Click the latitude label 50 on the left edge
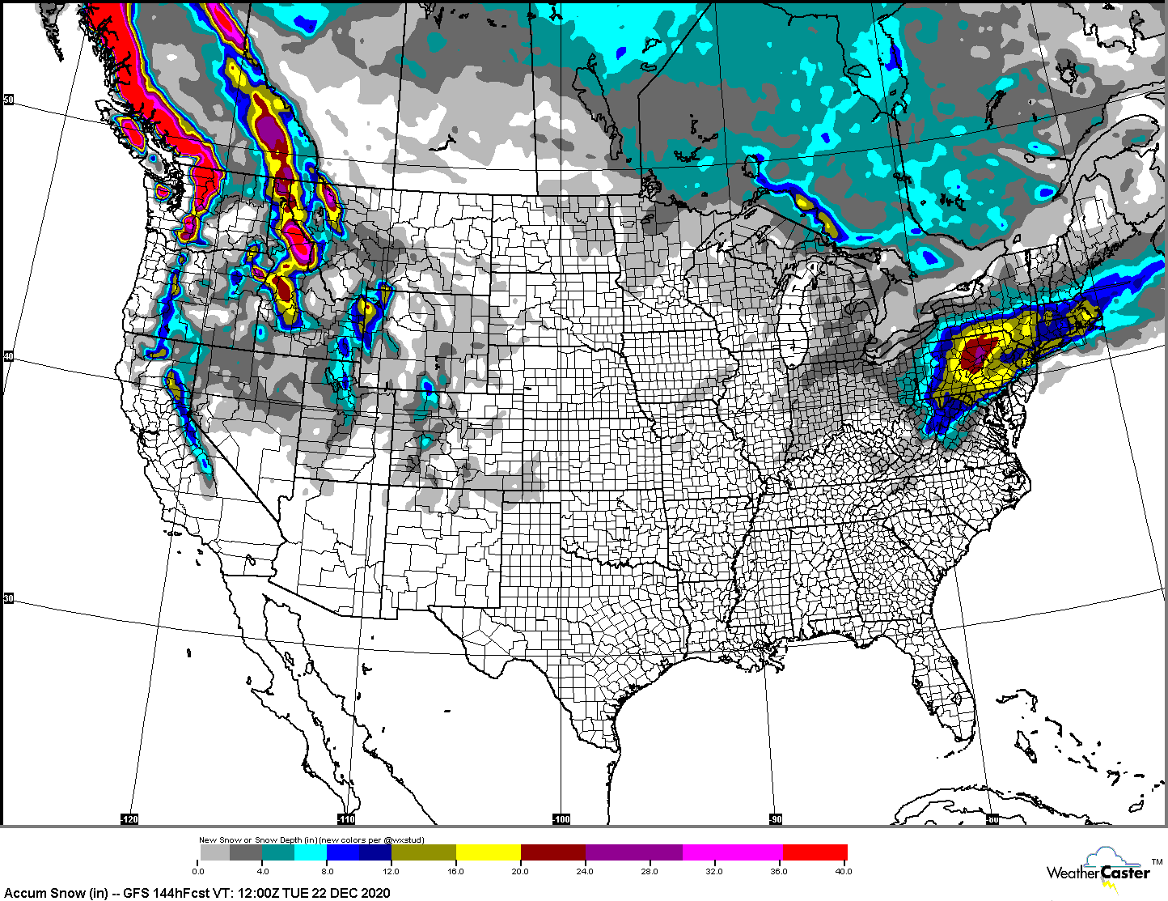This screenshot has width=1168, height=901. (9, 100)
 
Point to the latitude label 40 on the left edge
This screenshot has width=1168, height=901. (9, 356)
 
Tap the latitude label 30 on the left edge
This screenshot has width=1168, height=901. (9, 598)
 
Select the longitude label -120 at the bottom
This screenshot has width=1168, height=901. (129, 819)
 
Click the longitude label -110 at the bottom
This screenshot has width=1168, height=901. (346, 819)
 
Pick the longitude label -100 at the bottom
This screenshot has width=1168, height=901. (561, 819)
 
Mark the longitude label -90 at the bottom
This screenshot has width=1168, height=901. (775, 819)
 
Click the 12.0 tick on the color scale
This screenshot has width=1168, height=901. (391, 871)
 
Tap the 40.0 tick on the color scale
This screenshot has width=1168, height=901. (843, 871)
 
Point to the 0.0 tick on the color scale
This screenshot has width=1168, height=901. (199, 871)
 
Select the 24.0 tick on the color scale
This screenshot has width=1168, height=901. (585, 871)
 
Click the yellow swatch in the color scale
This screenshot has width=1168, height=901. (489, 852)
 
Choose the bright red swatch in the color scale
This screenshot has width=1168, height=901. (815, 852)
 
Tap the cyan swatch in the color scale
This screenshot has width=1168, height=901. (311, 852)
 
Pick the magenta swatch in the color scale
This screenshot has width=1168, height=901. (733, 852)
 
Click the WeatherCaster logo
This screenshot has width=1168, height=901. (1098, 871)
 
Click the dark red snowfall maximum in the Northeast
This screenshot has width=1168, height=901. (979, 354)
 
